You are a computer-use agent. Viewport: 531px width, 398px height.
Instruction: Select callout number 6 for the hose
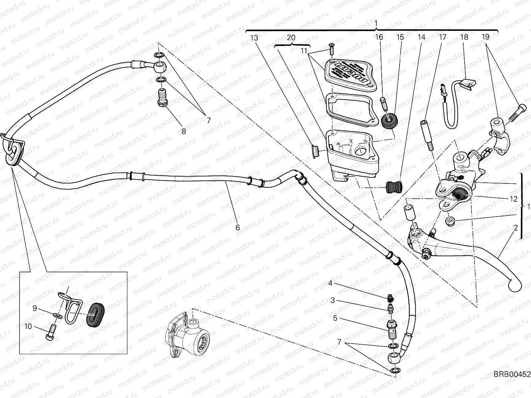[x=237, y=228]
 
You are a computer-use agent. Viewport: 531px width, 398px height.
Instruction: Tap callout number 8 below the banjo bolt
[x=184, y=131]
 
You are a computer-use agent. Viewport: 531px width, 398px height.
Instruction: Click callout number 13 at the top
[x=254, y=38]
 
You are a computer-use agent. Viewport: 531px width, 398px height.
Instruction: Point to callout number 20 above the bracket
[x=291, y=38]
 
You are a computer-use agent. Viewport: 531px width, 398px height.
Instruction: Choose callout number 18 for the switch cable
[x=464, y=37]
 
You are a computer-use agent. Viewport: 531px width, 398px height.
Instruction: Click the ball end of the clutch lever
[x=515, y=285]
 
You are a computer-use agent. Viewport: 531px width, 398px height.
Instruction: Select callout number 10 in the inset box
[x=28, y=326]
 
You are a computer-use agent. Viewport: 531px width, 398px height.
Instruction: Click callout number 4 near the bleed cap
[x=330, y=283]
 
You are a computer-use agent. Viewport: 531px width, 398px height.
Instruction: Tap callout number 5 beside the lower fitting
[x=335, y=318]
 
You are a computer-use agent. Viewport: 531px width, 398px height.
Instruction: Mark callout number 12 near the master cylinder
[x=513, y=199]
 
